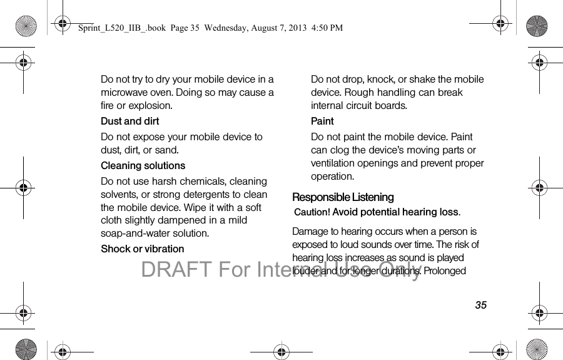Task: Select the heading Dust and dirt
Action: tap(130, 121)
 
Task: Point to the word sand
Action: tap(166, 150)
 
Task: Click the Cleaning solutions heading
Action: tap(143, 166)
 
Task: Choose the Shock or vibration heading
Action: tap(143, 249)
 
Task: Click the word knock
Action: tap(380, 80)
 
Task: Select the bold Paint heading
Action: tap(322, 121)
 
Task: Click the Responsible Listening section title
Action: tap(343, 197)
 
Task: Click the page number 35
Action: tap(480, 306)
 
